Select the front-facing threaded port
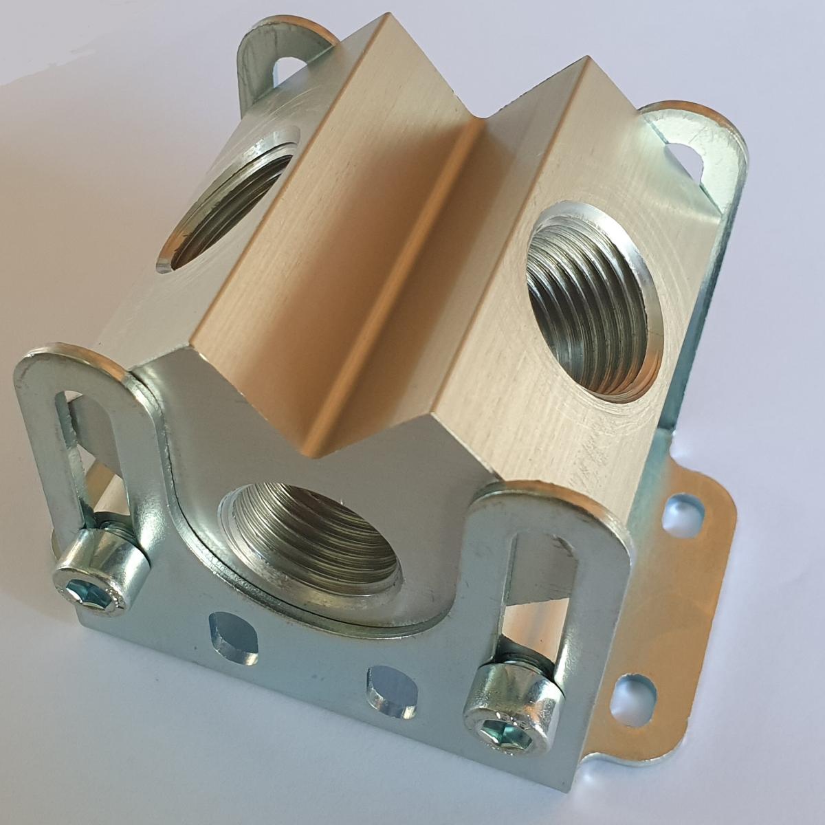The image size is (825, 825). coord(313,543)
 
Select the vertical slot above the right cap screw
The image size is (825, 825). coord(526,591)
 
